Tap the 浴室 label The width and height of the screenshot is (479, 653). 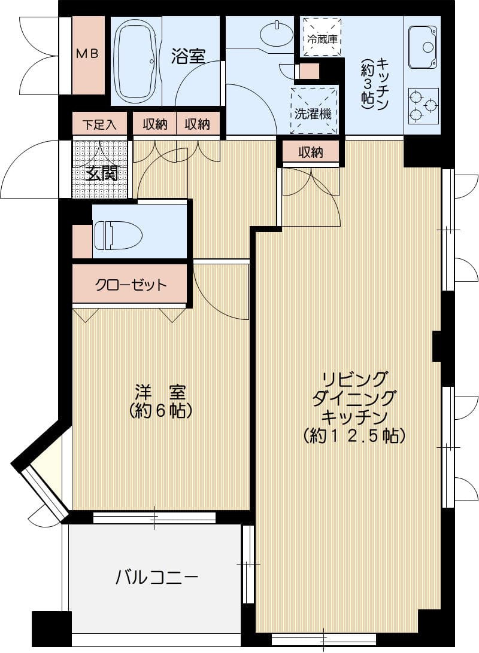pos(189,57)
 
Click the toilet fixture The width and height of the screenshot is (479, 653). pos(117,235)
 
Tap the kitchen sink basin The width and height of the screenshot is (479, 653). pos(424,47)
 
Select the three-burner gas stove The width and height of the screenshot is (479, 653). pos(423,106)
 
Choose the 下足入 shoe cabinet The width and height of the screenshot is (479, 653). pos(99,124)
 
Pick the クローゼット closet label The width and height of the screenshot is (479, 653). pos(131,285)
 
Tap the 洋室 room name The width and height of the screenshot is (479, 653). pos(160,393)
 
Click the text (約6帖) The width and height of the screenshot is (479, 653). pos(160,411)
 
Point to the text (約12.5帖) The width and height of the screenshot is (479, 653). pos(354,435)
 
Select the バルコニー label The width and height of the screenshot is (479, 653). pos(156,577)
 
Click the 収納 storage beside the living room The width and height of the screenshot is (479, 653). pos(310,152)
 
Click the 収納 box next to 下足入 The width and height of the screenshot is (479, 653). pos(154,124)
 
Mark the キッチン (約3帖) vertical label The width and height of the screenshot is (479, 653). pos(375,84)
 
